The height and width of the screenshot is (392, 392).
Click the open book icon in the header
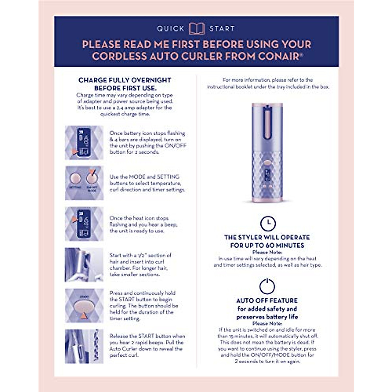tap(197, 28)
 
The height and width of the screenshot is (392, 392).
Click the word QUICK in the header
tap(171, 29)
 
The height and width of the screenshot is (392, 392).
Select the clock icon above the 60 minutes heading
tap(268, 223)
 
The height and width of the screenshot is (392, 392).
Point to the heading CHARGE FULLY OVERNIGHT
tap(125, 80)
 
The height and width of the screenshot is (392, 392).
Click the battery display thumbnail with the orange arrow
tap(84, 143)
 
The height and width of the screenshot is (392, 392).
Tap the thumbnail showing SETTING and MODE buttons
tap(84, 183)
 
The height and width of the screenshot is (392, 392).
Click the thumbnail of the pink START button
tap(84, 306)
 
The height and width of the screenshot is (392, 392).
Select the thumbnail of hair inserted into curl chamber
tap(84, 265)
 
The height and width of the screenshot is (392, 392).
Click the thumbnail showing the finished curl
tap(84, 347)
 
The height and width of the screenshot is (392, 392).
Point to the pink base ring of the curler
tap(267, 199)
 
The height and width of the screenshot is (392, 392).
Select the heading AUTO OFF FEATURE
tap(267, 301)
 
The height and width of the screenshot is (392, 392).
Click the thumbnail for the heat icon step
tap(84, 224)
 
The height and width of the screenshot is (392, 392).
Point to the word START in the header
tap(222, 29)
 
